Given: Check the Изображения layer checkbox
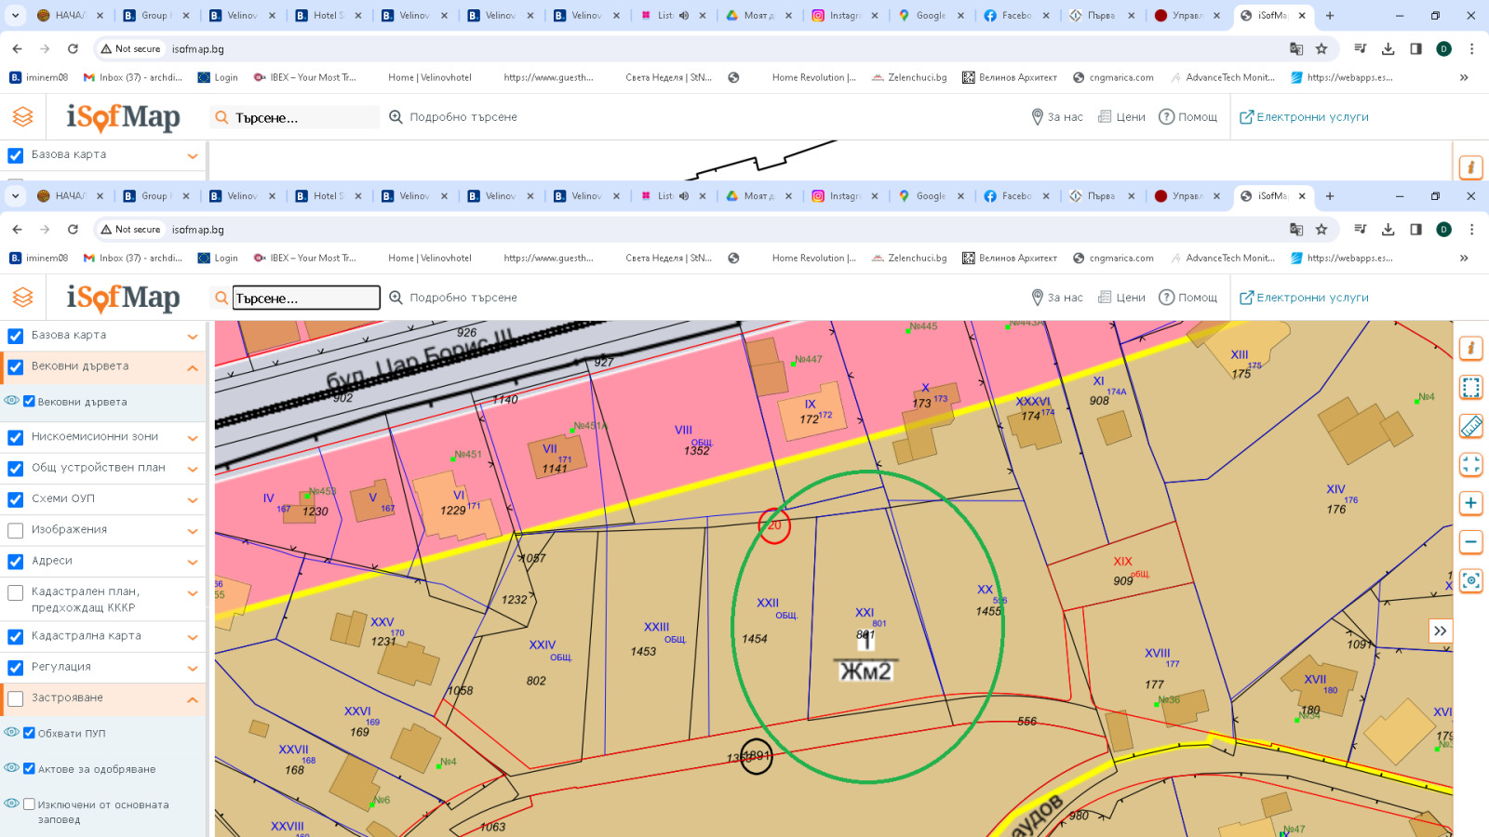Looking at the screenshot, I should pos(16,530).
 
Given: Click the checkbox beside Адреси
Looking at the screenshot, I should pos(16,562).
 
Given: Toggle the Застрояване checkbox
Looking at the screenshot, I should pos(16,698).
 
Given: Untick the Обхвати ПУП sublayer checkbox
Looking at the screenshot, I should pos(30,733).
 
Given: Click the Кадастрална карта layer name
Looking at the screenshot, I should pos(87,636).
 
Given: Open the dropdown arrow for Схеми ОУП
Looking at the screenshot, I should pos(193,500).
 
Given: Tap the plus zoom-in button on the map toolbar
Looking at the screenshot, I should pos(1470,503).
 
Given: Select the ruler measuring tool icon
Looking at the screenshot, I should pos(1470,426).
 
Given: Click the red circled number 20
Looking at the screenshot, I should pos(774,525).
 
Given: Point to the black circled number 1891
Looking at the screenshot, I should pos(756,756).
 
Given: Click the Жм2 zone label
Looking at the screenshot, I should pos(865,671).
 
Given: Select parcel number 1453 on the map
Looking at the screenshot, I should pos(643,652).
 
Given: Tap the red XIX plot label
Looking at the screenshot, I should pos(1122,562).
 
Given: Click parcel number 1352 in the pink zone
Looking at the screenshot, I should pos(696,451).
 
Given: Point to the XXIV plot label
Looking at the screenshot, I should pos(542,645).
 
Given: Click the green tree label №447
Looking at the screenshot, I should pos(808,360).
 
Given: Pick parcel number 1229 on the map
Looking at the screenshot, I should pos(453,511).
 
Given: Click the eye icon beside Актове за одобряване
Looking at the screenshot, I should pos(12,768).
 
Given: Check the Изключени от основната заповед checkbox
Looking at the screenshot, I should pos(30,804).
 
